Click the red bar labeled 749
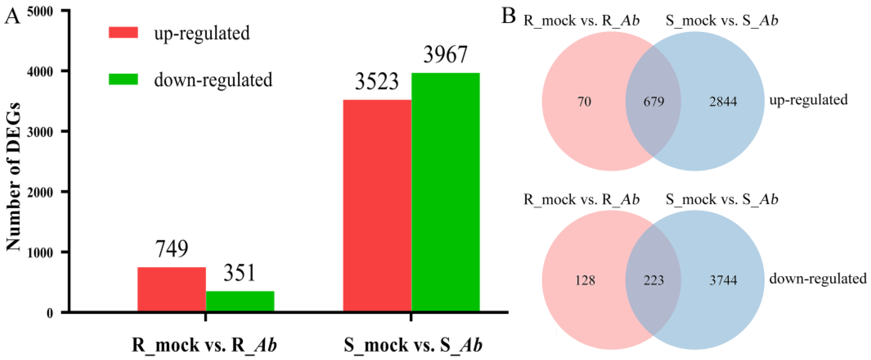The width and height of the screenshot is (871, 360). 171,289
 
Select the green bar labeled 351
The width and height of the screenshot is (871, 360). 240,301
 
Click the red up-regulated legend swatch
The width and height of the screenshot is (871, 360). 123,32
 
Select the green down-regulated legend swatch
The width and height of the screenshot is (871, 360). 123,79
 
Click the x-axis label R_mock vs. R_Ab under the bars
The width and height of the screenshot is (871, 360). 204,345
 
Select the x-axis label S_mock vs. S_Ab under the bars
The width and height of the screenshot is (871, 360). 413,345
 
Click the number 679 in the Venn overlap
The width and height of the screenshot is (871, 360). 654,101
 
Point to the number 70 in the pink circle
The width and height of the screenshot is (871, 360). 584,101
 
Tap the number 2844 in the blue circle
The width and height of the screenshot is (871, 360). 723,101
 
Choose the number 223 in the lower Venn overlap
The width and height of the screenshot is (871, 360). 654,280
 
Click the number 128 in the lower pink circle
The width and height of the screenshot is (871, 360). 585,280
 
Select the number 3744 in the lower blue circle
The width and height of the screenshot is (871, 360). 723,280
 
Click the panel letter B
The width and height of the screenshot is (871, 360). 508,16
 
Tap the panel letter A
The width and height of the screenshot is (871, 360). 12,16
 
